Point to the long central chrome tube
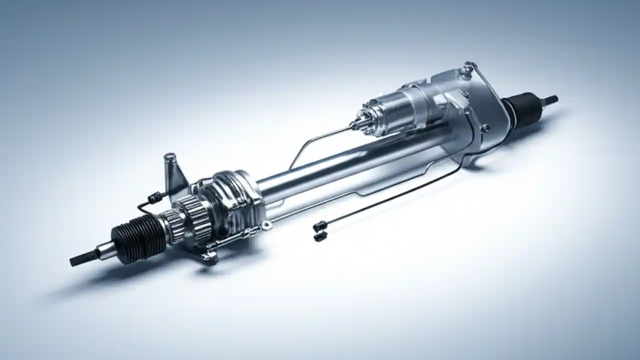[x=350, y=160]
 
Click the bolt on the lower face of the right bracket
[x=484, y=128]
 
